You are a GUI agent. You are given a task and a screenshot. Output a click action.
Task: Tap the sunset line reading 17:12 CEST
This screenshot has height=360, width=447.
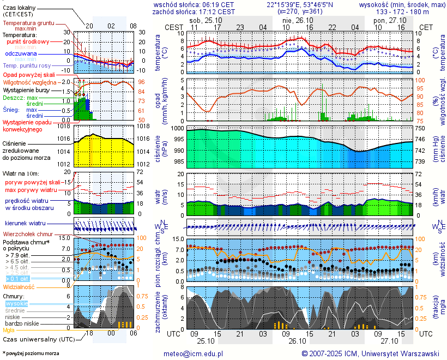pos(216,11)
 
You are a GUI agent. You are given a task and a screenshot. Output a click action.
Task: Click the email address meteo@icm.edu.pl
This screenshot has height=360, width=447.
pos(194,353)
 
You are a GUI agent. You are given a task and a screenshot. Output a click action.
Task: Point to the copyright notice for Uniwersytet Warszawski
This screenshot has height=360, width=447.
pos(370,353)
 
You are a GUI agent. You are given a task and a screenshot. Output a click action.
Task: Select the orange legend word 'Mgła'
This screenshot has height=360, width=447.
pos(9,330)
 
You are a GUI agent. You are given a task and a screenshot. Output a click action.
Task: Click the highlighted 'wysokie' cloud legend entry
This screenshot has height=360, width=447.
pos(16,303)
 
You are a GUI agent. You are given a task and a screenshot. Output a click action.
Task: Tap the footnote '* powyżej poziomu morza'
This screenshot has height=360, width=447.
pos(31,353)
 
